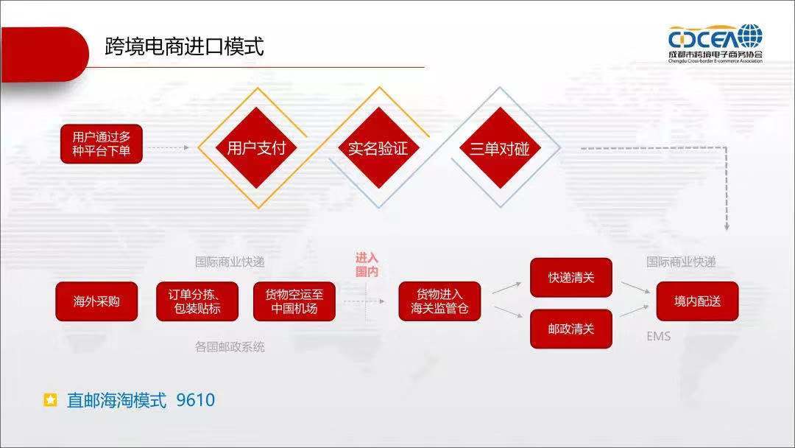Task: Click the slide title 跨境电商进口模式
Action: pyautogui.click(x=184, y=47)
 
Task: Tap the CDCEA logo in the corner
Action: pyautogui.click(x=715, y=43)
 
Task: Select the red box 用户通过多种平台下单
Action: pyautogui.click(x=101, y=144)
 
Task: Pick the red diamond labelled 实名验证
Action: pyautogui.click(x=378, y=148)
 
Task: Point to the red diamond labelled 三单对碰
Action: pyautogui.click(x=500, y=148)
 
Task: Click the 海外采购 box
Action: pyautogui.click(x=96, y=301)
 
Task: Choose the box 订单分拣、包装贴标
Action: pyautogui.click(x=197, y=301)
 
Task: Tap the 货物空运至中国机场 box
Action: pyautogui.click(x=294, y=301)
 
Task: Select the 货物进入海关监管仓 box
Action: pyautogui.click(x=439, y=301)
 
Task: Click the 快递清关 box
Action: pyautogui.click(x=571, y=278)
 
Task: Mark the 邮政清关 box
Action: pyautogui.click(x=571, y=329)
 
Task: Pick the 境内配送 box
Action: pyautogui.click(x=697, y=301)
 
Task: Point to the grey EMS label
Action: pyautogui.click(x=658, y=337)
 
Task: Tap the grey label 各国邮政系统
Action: pyautogui.click(x=230, y=346)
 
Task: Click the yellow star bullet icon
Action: pyautogui.click(x=50, y=400)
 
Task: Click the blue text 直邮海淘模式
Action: pyautogui.click(x=116, y=400)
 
